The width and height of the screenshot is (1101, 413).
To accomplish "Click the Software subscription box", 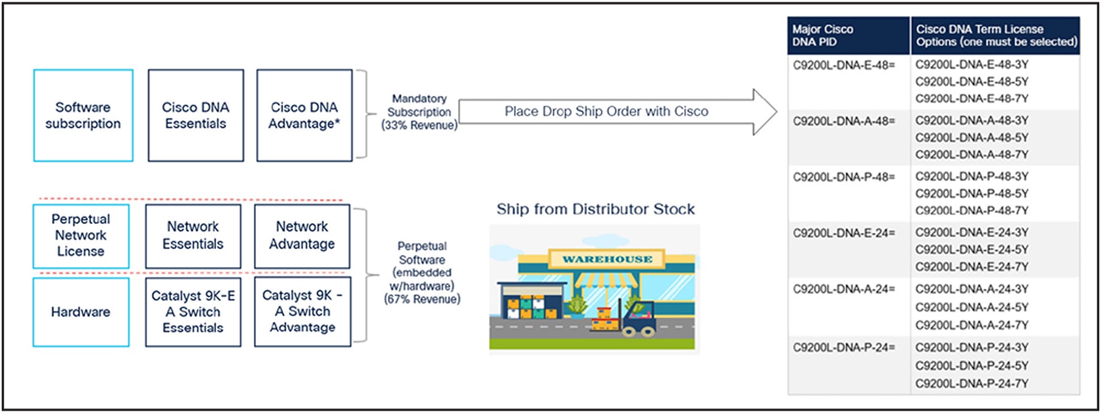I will click(x=83, y=116).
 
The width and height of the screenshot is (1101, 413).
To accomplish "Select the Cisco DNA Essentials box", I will click(x=196, y=116).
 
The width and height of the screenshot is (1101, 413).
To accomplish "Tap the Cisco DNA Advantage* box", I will click(x=304, y=116).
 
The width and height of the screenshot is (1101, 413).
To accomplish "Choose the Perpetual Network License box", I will click(x=81, y=236).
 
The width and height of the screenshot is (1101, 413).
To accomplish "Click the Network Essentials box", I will click(x=193, y=236).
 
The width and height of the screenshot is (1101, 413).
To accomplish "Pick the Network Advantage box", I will click(x=302, y=236).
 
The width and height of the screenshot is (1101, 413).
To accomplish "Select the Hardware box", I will click(x=81, y=312).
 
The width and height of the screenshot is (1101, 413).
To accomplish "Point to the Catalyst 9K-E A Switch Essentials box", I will click(x=193, y=312).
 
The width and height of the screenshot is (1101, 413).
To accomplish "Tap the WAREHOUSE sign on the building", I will click(x=607, y=259).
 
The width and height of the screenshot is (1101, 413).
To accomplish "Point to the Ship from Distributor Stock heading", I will click(x=596, y=210).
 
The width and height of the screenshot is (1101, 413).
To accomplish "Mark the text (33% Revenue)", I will click(x=419, y=125).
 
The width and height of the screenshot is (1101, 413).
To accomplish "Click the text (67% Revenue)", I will click(x=422, y=299).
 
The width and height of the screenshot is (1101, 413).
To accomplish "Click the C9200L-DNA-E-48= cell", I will click(x=843, y=65).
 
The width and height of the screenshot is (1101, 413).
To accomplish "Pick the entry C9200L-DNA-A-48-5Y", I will click(x=972, y=138).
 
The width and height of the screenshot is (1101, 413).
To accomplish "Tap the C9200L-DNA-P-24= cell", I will click(x=843, y=348).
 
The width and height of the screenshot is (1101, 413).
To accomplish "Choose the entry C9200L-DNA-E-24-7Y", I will click(x=972, y=267).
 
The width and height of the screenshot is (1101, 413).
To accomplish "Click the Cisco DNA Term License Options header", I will click(x=995, y=36).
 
